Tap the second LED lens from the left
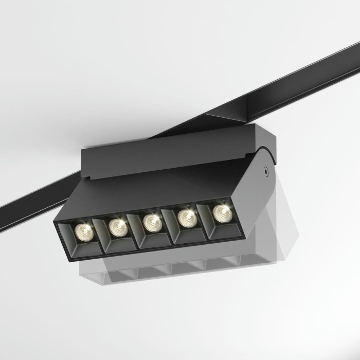click(x=118, y=226)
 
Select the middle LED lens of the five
click(x=152, y=222)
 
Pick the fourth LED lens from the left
click(x=186, y=217)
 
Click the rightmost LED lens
click(x=221, y=211)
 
